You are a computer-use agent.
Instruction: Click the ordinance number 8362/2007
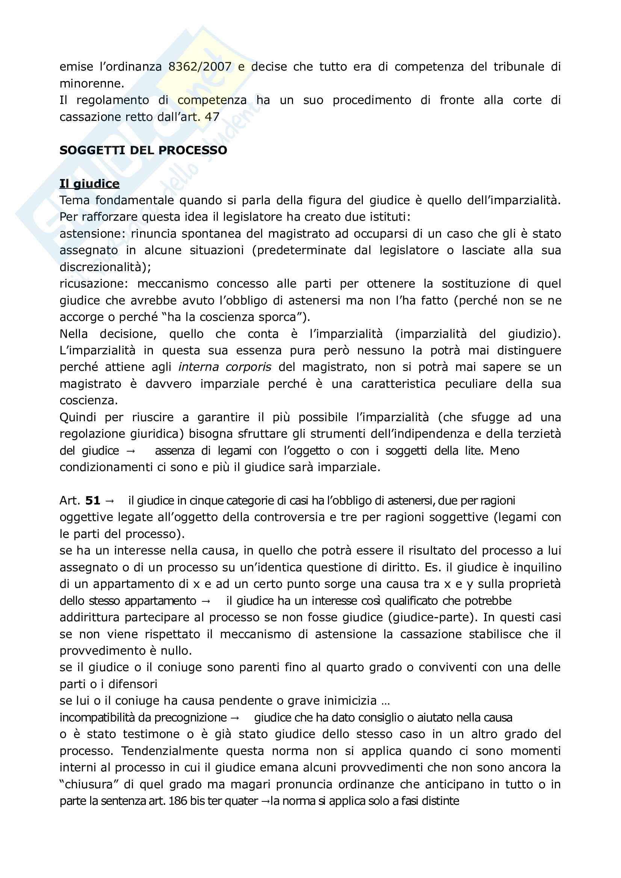pos(200,67)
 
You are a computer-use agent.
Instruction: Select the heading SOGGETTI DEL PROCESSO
pos(143,150)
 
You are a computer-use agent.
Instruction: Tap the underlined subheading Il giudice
pos(89,184)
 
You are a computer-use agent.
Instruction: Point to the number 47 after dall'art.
pos(212,117)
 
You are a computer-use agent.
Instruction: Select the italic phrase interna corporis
pos(225,367)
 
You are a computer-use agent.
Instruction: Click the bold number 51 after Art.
pos(92,501)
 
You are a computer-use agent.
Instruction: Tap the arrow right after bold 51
pos(109,501)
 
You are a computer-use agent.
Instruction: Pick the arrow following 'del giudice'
pos(131,451)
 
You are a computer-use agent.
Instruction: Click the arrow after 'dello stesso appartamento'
pos(206,601)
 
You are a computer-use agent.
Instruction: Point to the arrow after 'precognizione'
pos(235,718)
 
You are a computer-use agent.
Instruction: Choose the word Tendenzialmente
pos(169,751)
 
